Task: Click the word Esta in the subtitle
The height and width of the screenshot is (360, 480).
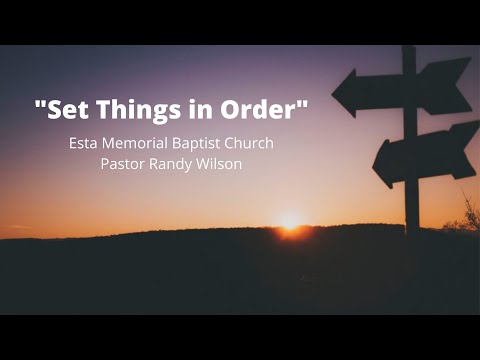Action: coord(83,143)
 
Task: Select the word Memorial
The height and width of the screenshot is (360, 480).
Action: coord(136,143)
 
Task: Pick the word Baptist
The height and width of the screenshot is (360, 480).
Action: coord(201,143)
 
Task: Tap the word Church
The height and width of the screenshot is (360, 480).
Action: coord(251,143)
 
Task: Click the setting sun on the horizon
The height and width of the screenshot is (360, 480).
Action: coord(290,221)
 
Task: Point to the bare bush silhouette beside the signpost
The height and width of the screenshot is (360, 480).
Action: coord(466,215)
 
